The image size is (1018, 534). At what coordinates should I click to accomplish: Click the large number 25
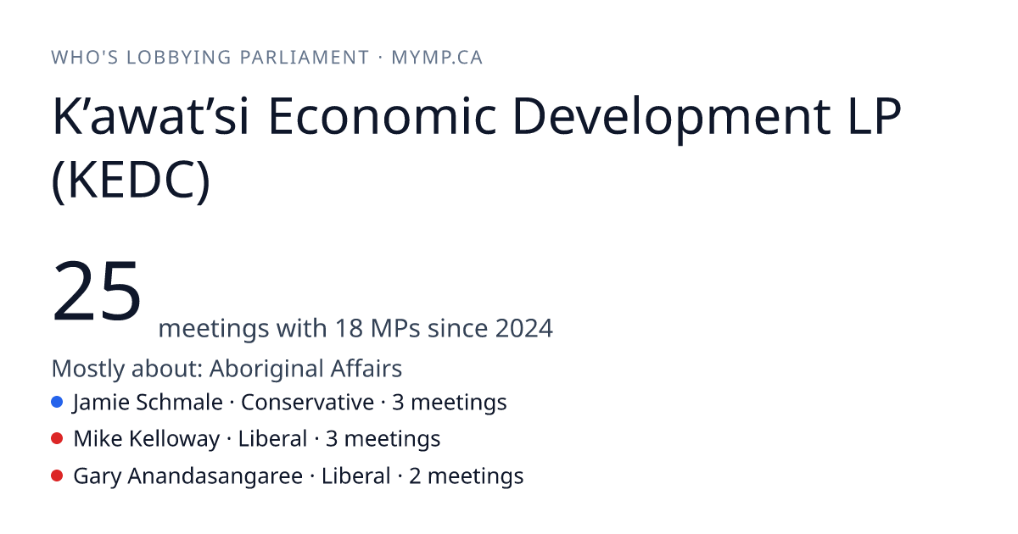(97, 291)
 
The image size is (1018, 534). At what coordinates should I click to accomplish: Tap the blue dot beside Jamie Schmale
(57, 402)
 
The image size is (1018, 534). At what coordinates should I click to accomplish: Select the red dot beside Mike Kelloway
(57, 439)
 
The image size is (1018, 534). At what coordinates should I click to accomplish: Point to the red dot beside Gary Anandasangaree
(57, 476)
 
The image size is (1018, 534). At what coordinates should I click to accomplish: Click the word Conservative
(307, 403)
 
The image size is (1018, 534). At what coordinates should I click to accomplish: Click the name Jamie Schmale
(148, 403)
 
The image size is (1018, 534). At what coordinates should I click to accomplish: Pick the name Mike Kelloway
(147, 439)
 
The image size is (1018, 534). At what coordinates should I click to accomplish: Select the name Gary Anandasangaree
(188, 476)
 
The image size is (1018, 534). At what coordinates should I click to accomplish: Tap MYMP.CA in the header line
(437, 58)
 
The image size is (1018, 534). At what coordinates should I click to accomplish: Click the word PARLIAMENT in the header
(305, 58)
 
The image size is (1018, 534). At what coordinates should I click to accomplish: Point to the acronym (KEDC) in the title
(131, 180)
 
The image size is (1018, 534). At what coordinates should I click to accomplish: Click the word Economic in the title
(383, 115)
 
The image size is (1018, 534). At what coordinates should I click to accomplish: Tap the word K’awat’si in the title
(151, 115)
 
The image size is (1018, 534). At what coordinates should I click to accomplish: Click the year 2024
(524, 328)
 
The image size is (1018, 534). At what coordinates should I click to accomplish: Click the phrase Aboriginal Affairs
(305, 368)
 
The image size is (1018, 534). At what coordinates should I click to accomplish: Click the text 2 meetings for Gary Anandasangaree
(467, 476)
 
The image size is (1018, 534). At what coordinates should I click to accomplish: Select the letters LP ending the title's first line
(875, 115)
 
